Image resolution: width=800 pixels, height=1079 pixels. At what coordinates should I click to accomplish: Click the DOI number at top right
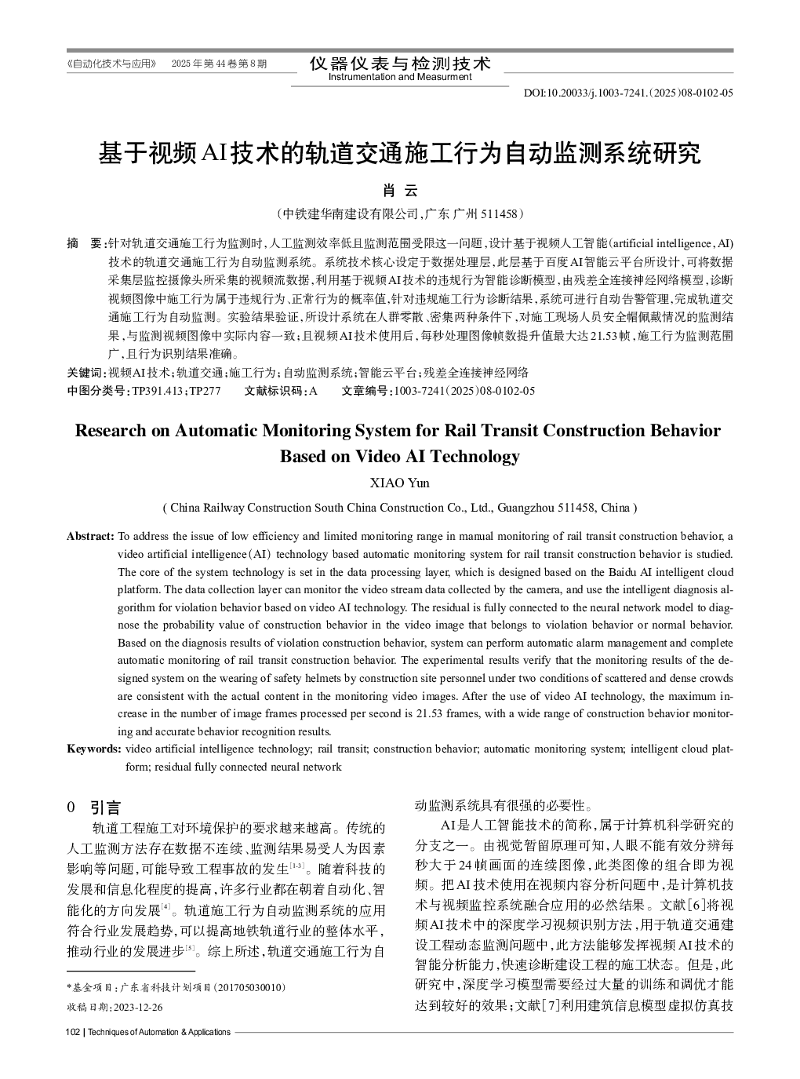tap(628, 93)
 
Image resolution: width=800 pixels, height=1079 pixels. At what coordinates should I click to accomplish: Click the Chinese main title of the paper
tap(399, 153)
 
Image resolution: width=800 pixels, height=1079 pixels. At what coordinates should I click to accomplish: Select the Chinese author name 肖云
tap(399, 191)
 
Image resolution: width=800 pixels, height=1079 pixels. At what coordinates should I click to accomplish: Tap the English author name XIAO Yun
tap(399, 483)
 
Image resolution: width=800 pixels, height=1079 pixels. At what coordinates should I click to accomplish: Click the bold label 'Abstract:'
tap(90, 536)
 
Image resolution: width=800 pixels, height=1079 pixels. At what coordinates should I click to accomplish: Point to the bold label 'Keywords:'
tap(94, 749)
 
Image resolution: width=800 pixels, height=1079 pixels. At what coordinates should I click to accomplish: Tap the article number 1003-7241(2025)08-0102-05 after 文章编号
tap(464, 391)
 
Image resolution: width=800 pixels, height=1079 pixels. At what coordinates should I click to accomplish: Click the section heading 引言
tap(105, 807)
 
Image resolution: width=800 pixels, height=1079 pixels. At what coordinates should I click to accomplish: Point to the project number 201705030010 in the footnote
tap(250, 987)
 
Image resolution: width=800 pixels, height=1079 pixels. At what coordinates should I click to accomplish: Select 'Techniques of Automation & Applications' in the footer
tap(158, 1032)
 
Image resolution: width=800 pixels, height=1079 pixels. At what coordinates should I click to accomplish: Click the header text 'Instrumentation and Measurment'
tap(400, 77)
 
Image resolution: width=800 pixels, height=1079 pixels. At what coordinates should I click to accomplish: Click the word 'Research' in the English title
tap(110, 430)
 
